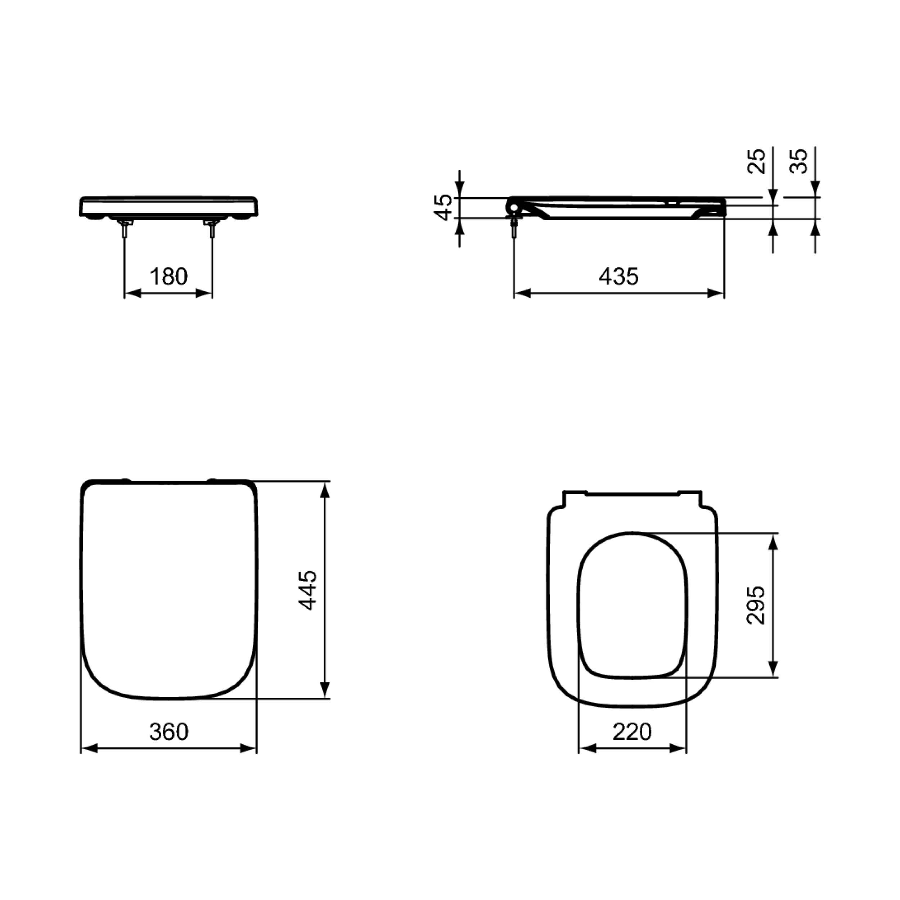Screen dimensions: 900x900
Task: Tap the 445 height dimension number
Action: [307, 590]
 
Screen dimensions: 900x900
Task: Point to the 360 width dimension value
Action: [168, 732]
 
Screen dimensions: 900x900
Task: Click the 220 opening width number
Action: [632, 732]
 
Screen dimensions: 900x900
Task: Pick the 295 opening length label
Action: [756, 605]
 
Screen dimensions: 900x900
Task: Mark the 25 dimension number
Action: [756, 161]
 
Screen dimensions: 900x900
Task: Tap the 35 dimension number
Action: [799, 161]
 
